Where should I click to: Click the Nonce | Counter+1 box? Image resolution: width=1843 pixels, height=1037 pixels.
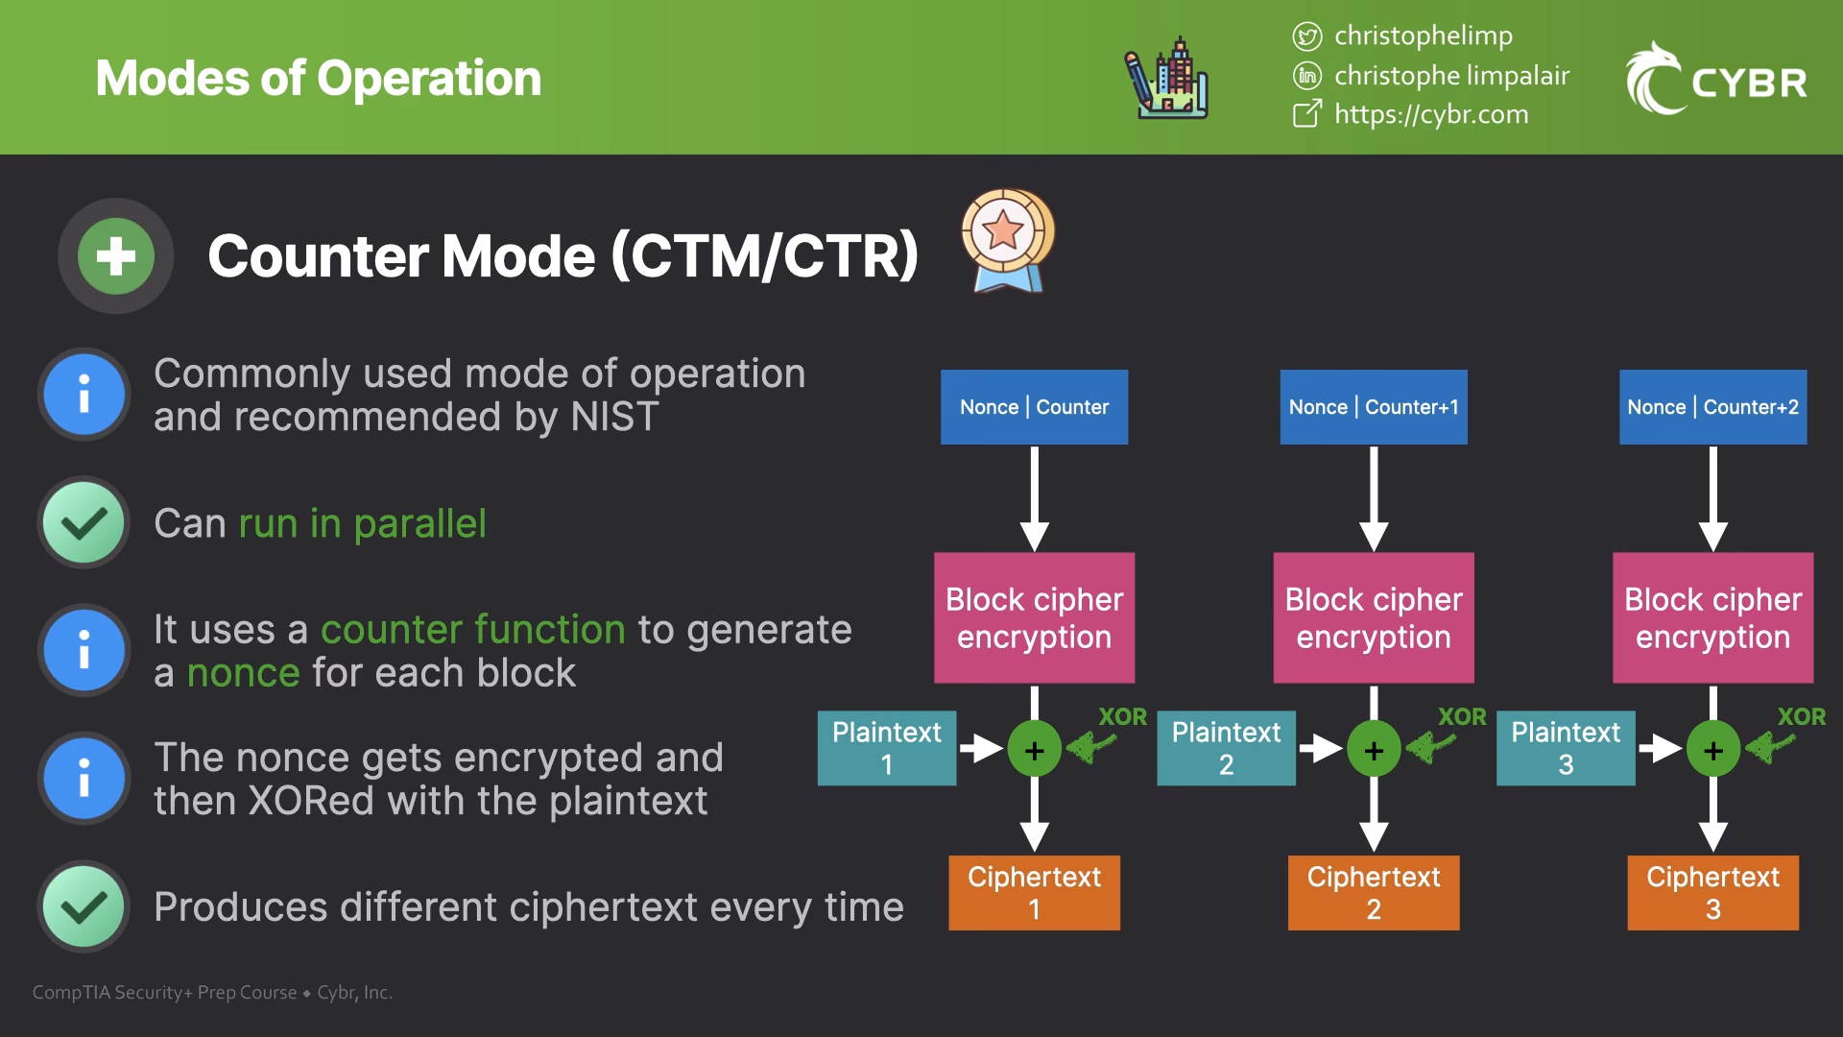click(1373, 407)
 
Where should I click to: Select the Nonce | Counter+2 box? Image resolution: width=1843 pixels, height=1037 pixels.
click(1712, 407)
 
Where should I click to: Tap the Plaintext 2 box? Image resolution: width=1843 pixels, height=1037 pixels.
click(1226, 748)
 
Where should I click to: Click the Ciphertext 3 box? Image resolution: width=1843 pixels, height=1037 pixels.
click(1712, 892)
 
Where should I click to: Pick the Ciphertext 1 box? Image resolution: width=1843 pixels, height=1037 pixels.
click(1034, 892)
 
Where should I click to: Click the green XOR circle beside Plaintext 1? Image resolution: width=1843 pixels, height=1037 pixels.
click(1034, 750)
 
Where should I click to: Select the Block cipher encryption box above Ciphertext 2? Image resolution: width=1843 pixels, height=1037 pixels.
click(1373, 617)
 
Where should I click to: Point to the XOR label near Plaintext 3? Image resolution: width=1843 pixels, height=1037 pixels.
click(1801, 717)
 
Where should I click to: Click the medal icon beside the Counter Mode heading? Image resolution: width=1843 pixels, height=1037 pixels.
click(1007, 240)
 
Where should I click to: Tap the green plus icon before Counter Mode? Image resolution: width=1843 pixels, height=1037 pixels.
click(116, 256)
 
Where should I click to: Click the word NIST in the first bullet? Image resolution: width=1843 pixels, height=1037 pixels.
click(614, 418)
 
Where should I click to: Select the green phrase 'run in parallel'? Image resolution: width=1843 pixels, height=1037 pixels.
click(362, 524)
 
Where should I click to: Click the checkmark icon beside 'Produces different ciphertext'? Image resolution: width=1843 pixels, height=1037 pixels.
click(84, 906)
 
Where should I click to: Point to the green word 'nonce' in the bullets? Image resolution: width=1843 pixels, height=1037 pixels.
click(243, 673)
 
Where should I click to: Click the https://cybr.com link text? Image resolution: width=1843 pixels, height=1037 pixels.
click(1430, 114)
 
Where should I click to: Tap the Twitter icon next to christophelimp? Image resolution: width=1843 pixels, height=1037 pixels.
click(1306, 36)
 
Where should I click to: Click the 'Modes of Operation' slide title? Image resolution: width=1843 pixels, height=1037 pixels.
click(318, 79)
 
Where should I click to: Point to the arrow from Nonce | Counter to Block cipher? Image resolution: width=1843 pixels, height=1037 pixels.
click(1034, 497)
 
